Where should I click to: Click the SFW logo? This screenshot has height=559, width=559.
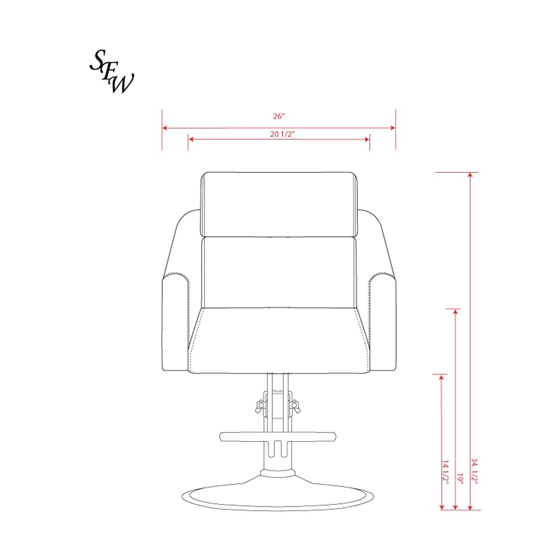tap(111, 72)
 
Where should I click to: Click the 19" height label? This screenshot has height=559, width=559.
tap(460, 479)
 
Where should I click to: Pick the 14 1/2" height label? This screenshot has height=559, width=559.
tap(445, 472)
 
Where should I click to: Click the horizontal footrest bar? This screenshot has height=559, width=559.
tap(278, 436)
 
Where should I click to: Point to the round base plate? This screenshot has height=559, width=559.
tap(278, 498)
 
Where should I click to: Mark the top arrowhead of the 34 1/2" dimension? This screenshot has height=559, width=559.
tap(470, 175)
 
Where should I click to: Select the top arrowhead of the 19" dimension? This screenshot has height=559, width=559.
tap(456, 311)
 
